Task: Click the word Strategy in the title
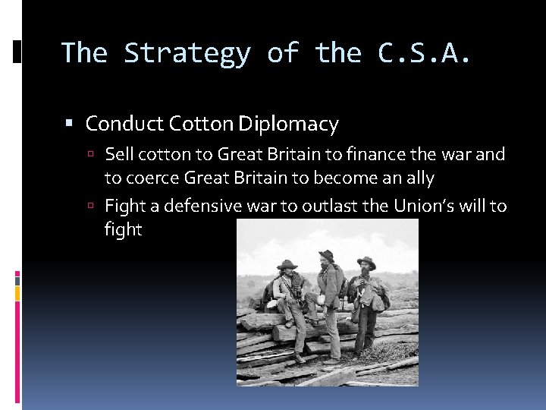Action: [187, 54]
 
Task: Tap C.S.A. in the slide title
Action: [424, 53]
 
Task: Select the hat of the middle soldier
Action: [327, 255]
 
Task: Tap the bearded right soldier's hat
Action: [366, 262]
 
